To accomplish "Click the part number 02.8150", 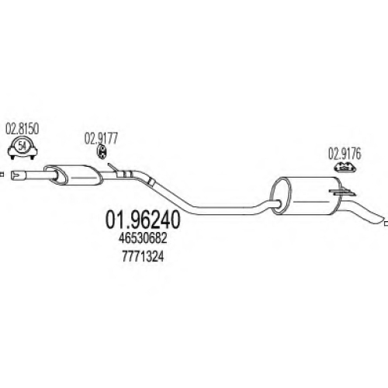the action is coord(23,129).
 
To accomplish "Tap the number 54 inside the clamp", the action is coord(22,147).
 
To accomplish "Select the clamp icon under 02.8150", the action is coord(23,149).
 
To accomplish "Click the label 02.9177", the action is coord(101,138).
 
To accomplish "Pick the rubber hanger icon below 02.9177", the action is coord(102,152).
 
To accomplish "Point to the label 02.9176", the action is coord(345,154).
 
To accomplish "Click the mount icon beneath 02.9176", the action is coord(345,167).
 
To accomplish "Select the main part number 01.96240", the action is coord(143,220).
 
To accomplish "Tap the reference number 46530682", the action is coord(143,238).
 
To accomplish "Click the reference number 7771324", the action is coord(143,257).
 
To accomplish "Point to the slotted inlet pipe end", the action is coord(19,175).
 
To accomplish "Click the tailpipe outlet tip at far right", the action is coord(383,219).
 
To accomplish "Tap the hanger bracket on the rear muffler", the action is coord(342,192).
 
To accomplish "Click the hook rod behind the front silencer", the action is coord(113,167).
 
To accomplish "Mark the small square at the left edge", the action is coord(2,175).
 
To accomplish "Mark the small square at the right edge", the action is coord(386,223).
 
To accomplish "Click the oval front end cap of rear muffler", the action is coord(280,196).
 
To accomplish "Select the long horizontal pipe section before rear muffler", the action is coord(225,210).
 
